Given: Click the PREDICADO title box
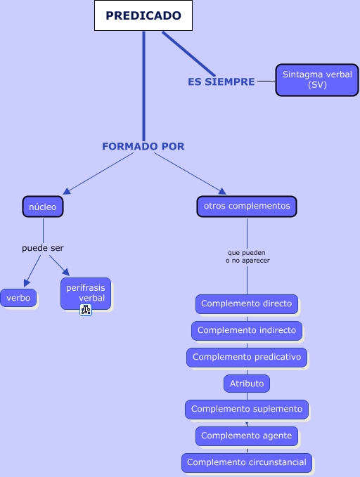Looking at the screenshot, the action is pos(143,15).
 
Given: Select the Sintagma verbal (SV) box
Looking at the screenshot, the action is pos(317,80).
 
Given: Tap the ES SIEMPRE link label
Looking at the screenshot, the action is pos(221,81).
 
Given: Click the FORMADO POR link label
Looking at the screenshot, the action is pos(143,146).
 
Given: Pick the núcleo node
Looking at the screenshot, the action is pos(43,207).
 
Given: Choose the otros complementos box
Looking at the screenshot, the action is pos(247,207).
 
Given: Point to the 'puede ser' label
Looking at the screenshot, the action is pos(43,248).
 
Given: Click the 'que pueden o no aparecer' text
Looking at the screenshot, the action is pos(247,256).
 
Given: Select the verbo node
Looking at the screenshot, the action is pos(18,298).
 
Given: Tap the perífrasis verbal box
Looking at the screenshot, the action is pos(86,293).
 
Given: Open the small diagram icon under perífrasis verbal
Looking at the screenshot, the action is pos(86,310).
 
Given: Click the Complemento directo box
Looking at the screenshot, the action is pos(247,304).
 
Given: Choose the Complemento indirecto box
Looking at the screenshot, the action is pos(247,330).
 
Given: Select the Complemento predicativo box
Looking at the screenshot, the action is pos(247,357).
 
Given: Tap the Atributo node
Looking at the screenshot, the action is pos(247,384).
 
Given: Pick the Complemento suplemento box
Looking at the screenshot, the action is pos(247,409).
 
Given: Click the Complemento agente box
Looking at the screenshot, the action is pos(247,436).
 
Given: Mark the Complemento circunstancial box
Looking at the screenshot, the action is pos(247,463).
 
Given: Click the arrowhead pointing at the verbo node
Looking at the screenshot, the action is pos(27,283).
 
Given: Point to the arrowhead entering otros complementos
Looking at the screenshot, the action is pos(222,191).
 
